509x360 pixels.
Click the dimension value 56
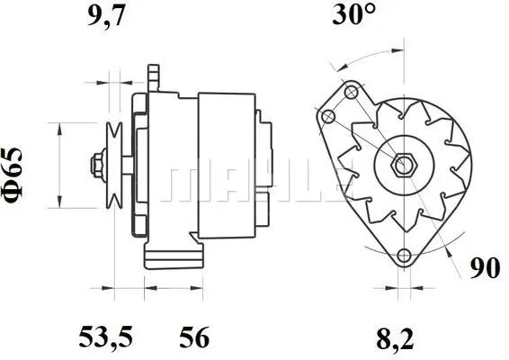point(195,337)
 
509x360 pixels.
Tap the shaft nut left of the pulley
point(94,165)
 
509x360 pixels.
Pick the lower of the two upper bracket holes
point(329,116)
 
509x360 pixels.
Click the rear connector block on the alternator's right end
point(265,166)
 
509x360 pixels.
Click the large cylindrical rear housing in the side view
point(225,166)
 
